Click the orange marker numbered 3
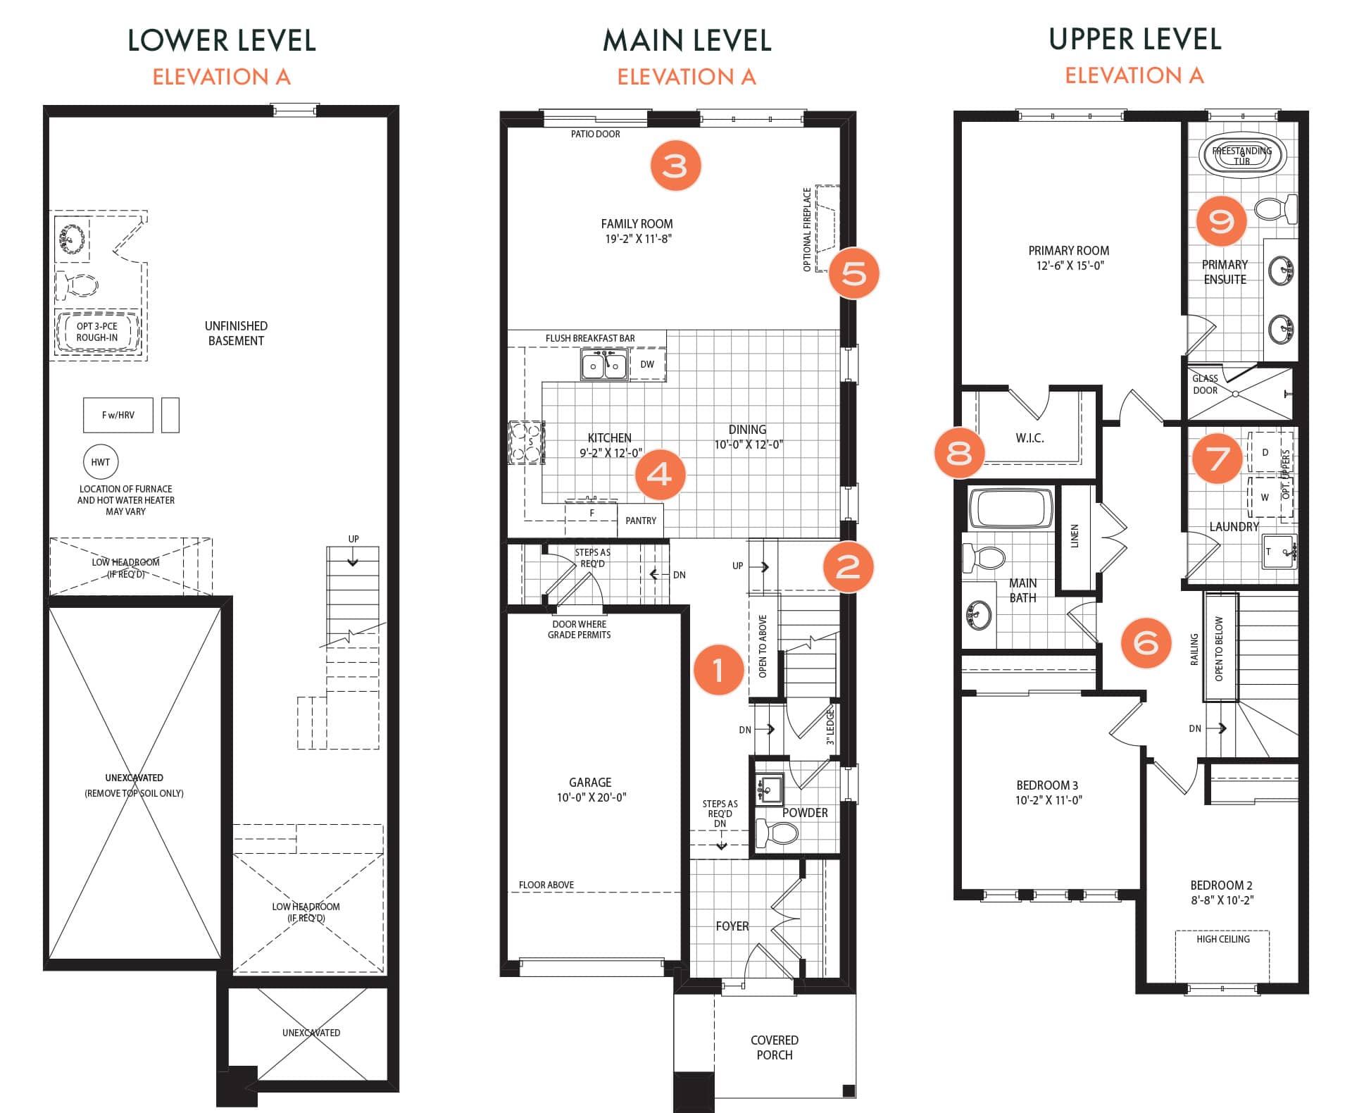pyautogui.click(x=675, y=166)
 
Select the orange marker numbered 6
pyautogui.click(x=1146, y=642)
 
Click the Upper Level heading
pyautogui.click(x=1134, y=39)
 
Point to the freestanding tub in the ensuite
pyautogui.click(x=1242, y=155)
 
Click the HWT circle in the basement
pyautogui.click(x=101, y=462)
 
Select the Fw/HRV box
pyautogui.click(x=118, y=415)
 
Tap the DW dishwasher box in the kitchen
pyautogui.click(x=647, y=364)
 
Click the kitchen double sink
pyautogui.click(x=605, y=365)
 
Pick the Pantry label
pyautogui.click(x=641, y=521)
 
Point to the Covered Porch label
pyautogui.click(x=775, y=1047)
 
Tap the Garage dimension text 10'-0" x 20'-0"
pyautogui.click(x=591, y=797)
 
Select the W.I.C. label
pyautogui.click(x=1029, y=438)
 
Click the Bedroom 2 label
pyautogui.click(x=1222, y=885)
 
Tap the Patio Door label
pyautogui.click(x=596, y=134)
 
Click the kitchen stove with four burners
pyautogui.click(x=527, y=442)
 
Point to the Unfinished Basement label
pyautogui.click(x=236, y=333)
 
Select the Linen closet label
pyautogui.click(x=1075, y=536)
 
